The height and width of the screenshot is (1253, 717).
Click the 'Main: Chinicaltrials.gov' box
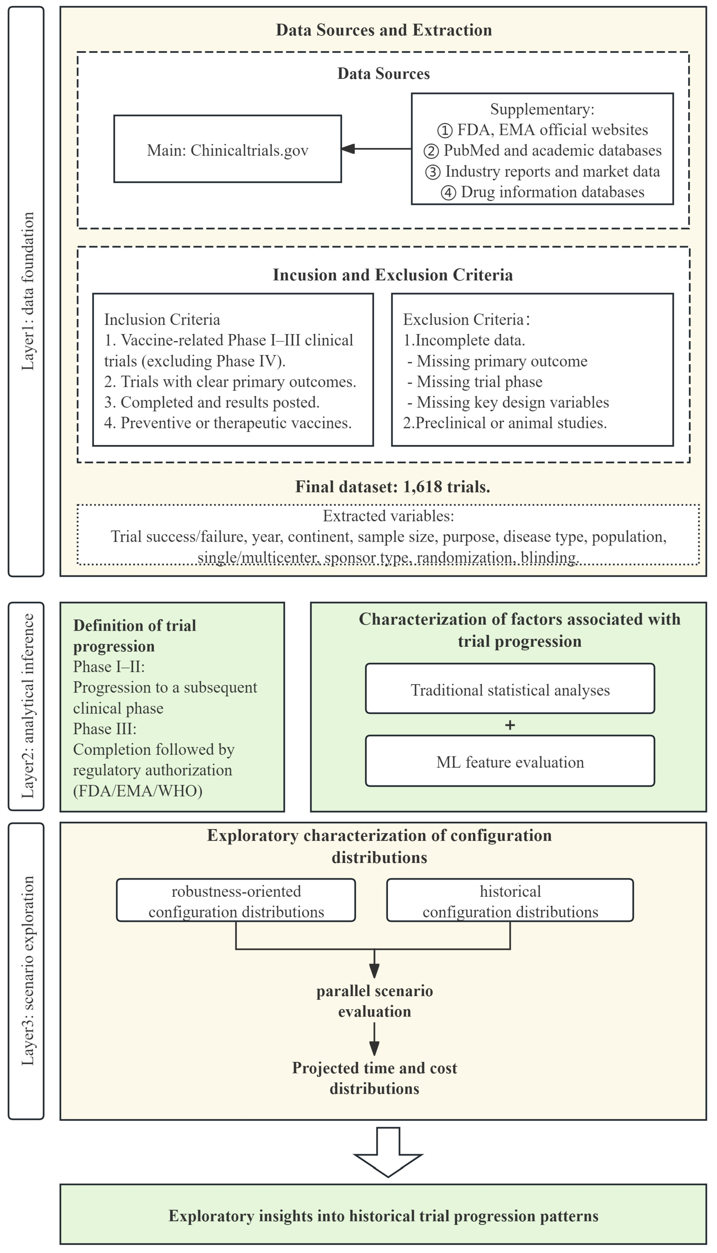[x=227, y=149]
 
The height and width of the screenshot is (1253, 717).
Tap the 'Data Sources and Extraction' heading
[x=384, y=30]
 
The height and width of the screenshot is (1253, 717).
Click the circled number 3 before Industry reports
[x=432, y=172]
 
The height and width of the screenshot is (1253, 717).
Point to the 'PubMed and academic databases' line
[x=552, y=150]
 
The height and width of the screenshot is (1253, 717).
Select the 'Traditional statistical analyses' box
[x=510, y=688]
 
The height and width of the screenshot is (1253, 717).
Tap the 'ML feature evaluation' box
[x=510, y=761]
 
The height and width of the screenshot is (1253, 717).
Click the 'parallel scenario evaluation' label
[x=374, y=1001]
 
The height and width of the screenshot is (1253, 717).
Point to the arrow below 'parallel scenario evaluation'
[x=374, y=1040]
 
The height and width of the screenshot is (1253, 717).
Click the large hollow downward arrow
[x=388, y=1152]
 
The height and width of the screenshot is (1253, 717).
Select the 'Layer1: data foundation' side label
[x=27, y=291]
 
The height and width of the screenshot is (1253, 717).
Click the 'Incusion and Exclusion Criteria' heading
[x=393, y=275]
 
